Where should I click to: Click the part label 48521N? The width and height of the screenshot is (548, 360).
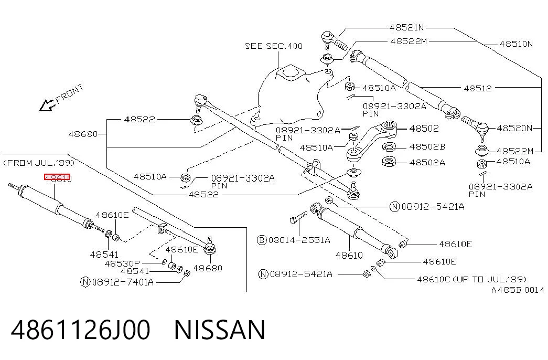click(406, 27)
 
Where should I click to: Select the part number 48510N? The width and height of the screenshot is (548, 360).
click(516, 44)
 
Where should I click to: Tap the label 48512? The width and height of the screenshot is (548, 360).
click(478, 88)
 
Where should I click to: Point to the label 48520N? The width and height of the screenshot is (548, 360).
click(514, 128)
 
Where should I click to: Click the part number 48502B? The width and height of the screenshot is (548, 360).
click(427, 146)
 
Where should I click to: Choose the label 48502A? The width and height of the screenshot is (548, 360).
click(427, 162)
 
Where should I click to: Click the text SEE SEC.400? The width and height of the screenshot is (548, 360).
click(273, 46)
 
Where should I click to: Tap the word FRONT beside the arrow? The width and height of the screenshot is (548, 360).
click(70, 93)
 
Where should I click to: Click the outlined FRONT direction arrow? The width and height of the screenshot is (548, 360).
click(47, 105)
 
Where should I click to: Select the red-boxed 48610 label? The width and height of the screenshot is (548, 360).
click(57, 178)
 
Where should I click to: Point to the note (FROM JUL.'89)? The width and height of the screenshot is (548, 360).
click(39, 163)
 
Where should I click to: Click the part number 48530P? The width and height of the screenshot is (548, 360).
click(122, 263)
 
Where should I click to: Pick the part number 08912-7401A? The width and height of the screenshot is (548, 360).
click(123, 282)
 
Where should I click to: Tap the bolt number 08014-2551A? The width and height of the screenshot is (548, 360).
click(299, 240)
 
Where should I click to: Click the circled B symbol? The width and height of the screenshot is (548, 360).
click(262, 240)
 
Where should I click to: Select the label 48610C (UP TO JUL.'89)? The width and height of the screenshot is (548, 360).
click(471, 279)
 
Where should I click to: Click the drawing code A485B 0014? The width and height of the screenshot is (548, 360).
click(518, 290)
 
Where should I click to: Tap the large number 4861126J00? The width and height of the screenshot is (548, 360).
click(81, 330)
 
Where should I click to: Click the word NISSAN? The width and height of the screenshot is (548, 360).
click(220, 330)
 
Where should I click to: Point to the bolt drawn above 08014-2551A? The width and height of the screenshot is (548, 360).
click(298, 217)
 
